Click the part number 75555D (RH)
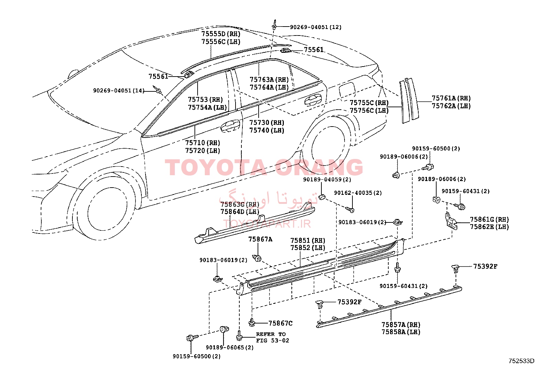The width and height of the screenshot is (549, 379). pos(221,34)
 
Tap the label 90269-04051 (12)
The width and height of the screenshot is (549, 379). pos(316,27)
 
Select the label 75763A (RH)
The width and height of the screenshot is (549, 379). pos(269,79)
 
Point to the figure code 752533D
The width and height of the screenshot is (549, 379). pos(521,361)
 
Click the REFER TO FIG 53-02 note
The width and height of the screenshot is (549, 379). pos(272,337)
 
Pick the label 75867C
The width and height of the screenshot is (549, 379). pos(280,323)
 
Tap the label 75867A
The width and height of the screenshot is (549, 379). pos(260,239)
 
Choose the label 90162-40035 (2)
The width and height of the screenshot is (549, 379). pos(358,193)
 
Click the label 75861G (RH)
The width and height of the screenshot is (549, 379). pos(489,219)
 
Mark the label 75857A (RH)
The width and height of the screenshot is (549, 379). pos(401,325)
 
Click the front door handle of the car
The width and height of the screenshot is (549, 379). pos(230,126)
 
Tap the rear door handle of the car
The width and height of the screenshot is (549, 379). pos(313,100)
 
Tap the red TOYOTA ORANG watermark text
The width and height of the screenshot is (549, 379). pos(264,167)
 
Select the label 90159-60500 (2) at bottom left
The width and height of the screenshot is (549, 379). pos(197,357)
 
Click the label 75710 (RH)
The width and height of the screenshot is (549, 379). pos(202,143)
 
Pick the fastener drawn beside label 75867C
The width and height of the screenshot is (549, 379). pos(252,322)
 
